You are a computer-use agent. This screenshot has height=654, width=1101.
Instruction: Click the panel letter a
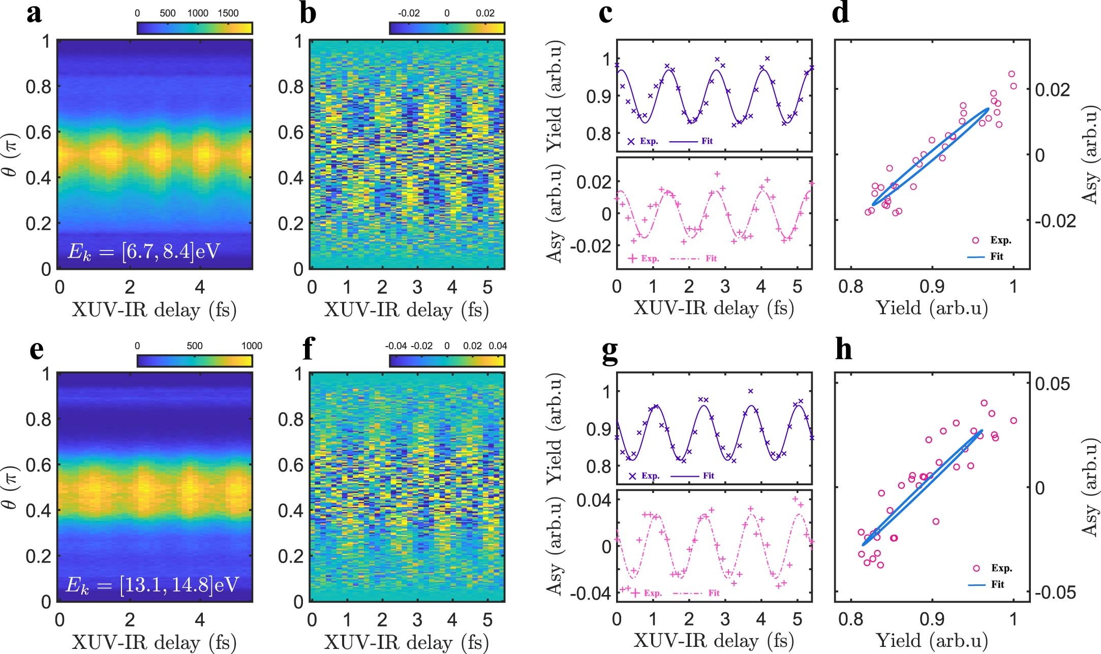34,14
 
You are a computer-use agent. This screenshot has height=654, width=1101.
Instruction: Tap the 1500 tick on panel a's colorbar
228,13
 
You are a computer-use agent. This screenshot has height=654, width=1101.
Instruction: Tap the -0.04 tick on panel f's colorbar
395,346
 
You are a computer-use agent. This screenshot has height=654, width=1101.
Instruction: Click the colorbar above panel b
447,28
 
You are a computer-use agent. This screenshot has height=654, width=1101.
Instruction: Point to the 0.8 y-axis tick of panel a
38,87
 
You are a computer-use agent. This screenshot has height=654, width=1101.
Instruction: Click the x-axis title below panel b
406,309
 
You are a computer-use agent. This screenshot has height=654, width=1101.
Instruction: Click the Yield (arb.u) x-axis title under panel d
932,308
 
